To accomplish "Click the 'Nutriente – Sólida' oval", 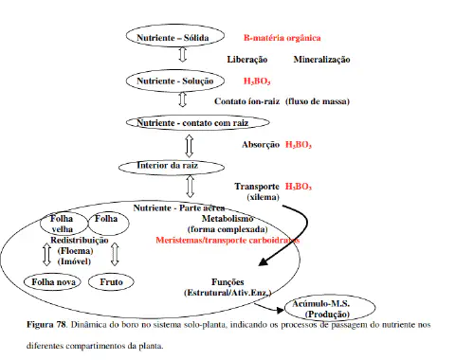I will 180,38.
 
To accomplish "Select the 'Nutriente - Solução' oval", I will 180,82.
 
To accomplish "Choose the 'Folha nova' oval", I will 48,282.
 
